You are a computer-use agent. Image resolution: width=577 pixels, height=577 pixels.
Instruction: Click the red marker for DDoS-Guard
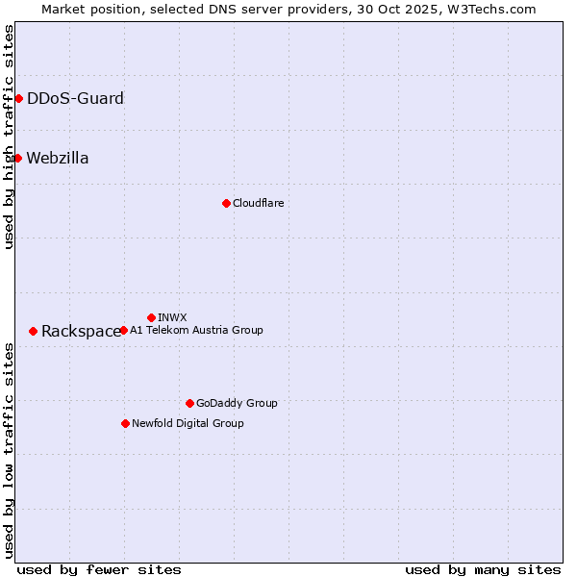coord(18,98)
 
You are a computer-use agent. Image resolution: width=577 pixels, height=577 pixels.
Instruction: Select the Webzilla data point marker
coord(17,158)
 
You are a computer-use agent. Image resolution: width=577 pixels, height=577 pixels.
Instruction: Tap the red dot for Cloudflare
coord(226,203)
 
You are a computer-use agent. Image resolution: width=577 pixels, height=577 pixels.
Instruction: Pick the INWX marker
coord(151,317)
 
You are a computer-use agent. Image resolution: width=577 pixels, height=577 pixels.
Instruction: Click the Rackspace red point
coord(33,331)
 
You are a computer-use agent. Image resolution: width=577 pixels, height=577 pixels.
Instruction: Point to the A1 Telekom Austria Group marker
coord(123,330)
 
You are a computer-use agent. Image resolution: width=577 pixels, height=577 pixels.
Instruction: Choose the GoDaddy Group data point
coord(189,403)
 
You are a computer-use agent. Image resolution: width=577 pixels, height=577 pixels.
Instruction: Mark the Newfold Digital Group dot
coord(125,423)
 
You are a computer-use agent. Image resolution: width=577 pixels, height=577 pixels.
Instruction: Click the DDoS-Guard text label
coord(75,98)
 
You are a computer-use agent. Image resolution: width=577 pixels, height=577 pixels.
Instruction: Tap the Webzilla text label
coord(58,158)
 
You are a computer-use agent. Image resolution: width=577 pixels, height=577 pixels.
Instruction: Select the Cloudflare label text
coord(258,203)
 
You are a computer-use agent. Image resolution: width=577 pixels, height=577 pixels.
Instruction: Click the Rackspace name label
coord(81,331)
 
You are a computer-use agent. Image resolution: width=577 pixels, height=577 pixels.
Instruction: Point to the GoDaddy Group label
coord(237,403)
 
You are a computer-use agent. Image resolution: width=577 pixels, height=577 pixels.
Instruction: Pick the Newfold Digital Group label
coord(188,423)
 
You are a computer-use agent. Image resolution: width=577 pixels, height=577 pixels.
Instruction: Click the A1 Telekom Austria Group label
coord(196,330)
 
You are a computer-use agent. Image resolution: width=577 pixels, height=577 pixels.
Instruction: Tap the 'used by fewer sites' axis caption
coord(99,569)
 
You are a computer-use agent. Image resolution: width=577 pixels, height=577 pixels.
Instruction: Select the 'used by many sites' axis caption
coord(483,569)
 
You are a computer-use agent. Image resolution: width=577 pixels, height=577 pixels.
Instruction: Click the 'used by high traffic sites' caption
coord(9,137)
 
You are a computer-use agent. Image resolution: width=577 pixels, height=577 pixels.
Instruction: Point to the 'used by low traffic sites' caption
coord(9,449)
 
